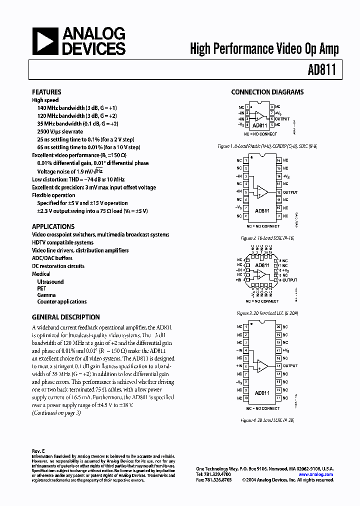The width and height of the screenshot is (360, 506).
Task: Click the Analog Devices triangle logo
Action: (45, 41)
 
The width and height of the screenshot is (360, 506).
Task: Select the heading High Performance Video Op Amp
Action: (264, 48)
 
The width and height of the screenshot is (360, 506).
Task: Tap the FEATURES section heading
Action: (46, 92)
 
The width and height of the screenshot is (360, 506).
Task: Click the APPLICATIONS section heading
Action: (53, 226)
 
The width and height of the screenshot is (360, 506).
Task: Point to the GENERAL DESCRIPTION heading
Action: (65, 317)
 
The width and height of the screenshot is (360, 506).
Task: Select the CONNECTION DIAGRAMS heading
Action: (267, 92)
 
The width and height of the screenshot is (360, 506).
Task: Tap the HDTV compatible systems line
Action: (62, 242)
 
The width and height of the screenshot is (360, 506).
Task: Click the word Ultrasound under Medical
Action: (50, 282)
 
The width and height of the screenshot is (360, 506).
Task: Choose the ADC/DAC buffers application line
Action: (52, 258)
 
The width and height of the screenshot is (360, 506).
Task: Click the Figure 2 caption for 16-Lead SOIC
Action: (267, 238)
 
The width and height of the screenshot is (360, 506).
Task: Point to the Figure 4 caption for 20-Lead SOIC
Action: (267, 420)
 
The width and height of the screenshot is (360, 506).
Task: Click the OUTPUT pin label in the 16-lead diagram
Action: (290, 192)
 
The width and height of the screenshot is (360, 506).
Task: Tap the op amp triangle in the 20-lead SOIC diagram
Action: (261, 366)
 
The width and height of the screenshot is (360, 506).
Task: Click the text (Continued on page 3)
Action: (56, 412)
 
